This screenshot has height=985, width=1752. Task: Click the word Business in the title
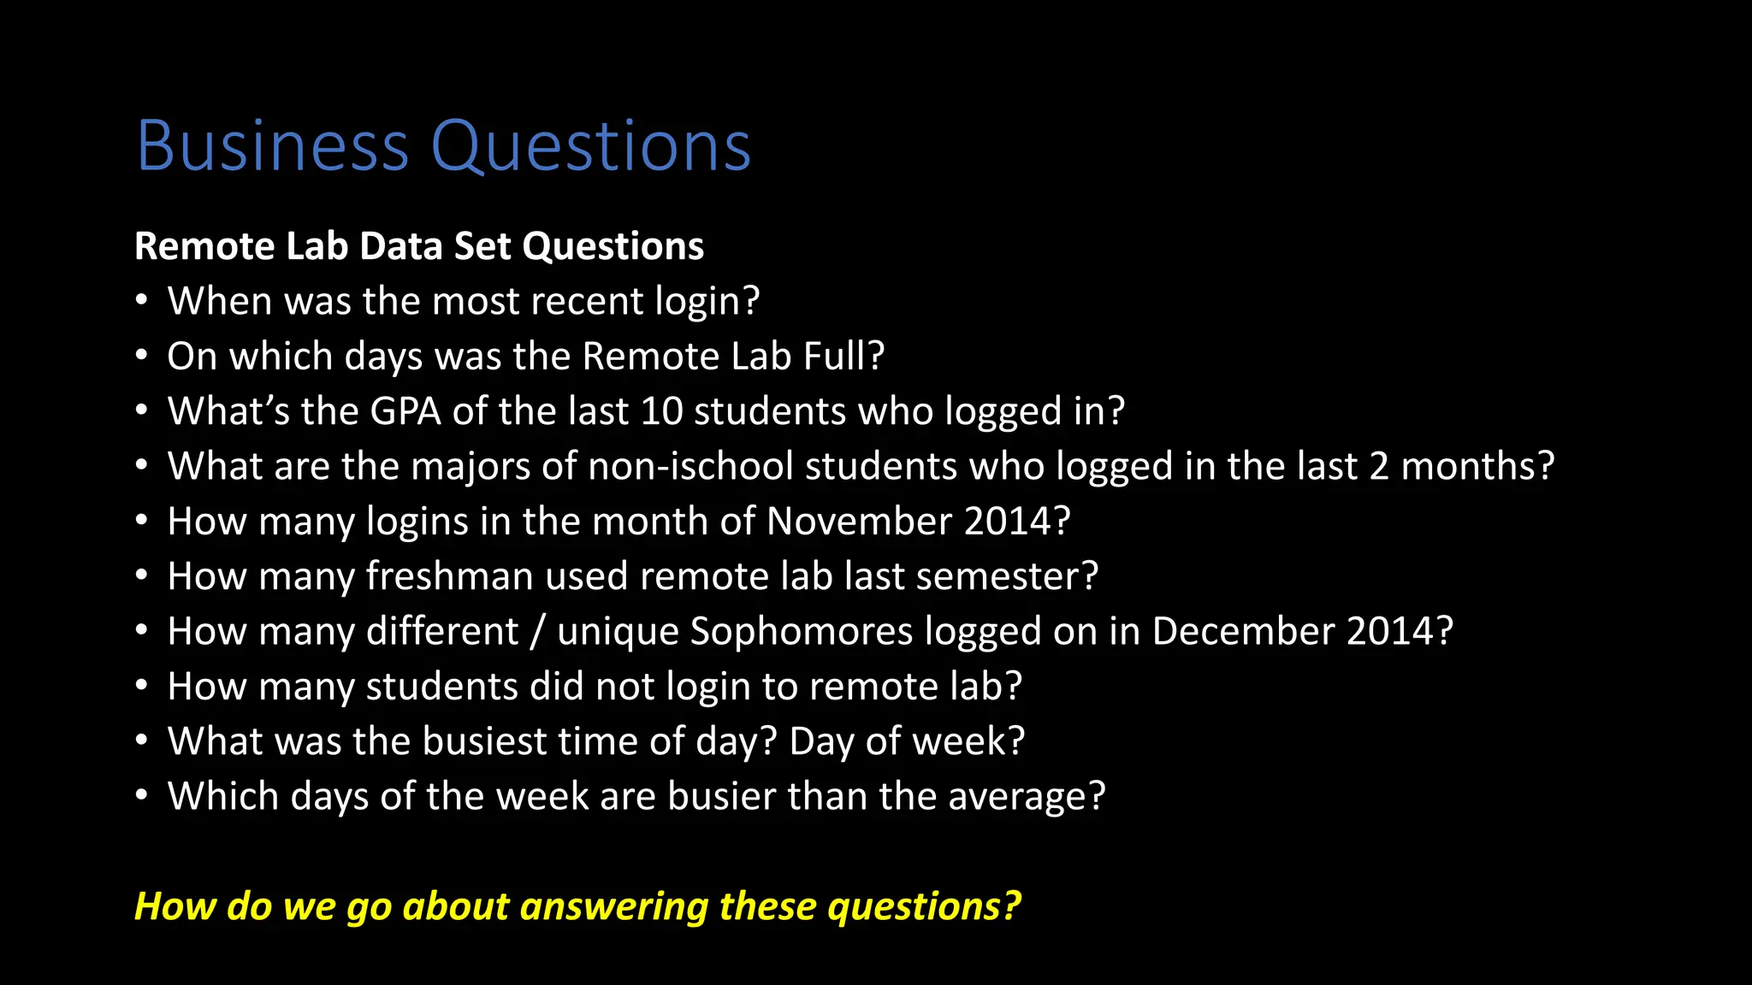[x=273, y=146]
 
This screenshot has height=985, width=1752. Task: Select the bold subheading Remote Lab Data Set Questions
[x=419, y=246]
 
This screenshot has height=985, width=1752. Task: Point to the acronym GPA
[x=405, y=411]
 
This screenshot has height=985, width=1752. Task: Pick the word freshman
[x=450, y=576]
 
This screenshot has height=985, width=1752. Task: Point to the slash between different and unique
[x=537, y=632]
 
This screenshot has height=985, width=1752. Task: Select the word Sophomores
[x=802, y=632]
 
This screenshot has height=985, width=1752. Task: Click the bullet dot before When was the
[x=142, y=301]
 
